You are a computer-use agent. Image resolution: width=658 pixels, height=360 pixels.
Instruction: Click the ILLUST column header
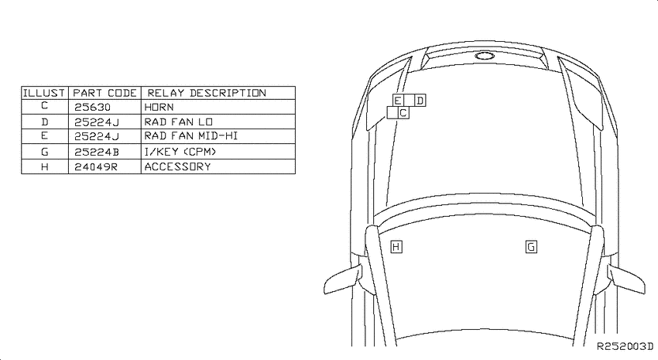pyautogui.click(x=44, y=93)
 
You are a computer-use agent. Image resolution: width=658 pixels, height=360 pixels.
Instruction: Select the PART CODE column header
pyautogui.click(x=105, y=93)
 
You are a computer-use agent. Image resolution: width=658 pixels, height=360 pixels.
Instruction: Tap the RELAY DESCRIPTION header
pyautogui.click(x=207, y=93)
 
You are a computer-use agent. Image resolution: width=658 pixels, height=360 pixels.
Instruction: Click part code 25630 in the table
pyautogui.click(x=92, y=107)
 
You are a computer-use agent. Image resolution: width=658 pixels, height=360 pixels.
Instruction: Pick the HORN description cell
pyautogui.click(x=159, y=107)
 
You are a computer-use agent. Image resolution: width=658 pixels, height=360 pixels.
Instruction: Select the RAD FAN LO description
pyautogui.click(x=178, y=122)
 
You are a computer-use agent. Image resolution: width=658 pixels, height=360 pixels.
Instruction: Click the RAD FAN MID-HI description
pyautogui.click(x=191, y=136)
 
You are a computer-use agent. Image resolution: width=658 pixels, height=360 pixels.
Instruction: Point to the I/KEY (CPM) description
pyautogui.click(x=180, y=152)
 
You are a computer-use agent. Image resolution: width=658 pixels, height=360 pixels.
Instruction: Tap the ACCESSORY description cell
pyautogui.click(x=177, y=166)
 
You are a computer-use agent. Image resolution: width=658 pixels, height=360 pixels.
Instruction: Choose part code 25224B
pyautogui.click(x=97, y=152)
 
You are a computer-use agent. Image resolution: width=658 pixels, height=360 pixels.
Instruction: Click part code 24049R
pyautogui.click(x=96, y=166)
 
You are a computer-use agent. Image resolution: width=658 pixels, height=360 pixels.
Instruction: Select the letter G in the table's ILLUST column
pyautogui.click(x=45, y=152)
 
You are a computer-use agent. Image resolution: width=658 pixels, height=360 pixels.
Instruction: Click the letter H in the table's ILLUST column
pyautogui.click(x=45, y=166)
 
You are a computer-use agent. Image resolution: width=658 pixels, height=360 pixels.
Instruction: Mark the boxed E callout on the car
pyautogui.click(x=398, y=101)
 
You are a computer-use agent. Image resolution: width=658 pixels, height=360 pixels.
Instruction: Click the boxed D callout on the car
pyautogui.click(x=420, y=101)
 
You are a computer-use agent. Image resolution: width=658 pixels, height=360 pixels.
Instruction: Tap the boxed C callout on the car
pyautogui.click(x=403, y=113)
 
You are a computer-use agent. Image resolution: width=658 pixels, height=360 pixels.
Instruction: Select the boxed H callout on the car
pyautogui.click(x=396, y=247)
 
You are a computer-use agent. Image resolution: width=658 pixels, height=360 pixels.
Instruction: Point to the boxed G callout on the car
pyautogui.click(x=531, y=247)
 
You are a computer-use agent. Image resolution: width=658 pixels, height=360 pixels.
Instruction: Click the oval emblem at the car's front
pyautogui.click(x=485, y=56)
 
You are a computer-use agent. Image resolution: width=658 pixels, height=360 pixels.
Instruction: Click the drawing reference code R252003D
pyautogui.click(x=625, y=346)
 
